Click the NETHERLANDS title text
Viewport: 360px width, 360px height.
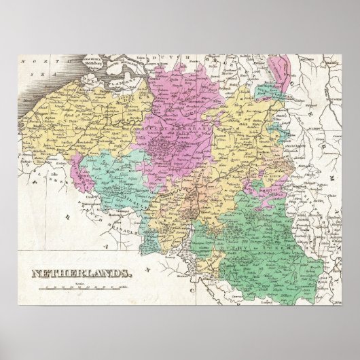click(80, 274)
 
